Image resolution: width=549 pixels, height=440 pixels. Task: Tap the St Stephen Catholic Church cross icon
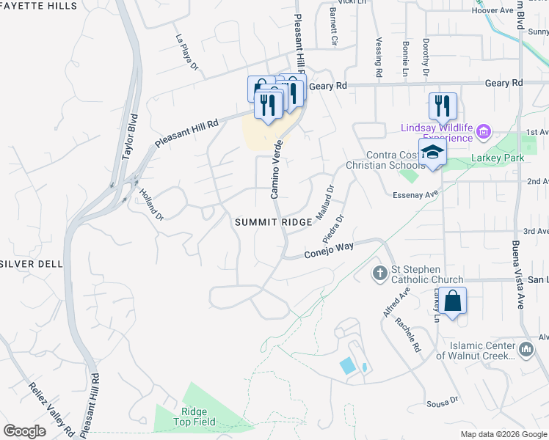click(379, 274)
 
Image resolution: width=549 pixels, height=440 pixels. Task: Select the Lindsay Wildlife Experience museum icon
click(483, 132)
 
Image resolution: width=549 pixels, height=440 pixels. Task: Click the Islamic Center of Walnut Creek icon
click(526, 351)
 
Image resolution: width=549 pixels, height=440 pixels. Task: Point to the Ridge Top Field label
click(190, 417)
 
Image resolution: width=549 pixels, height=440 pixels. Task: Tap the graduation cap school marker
click(433, 153)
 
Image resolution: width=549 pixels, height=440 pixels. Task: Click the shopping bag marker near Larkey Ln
click(454, 301)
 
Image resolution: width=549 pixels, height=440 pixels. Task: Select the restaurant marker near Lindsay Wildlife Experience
click(443, 106)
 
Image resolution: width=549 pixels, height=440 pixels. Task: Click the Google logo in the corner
click(24, 430)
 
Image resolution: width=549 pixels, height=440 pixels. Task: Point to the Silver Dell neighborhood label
click(31, 263)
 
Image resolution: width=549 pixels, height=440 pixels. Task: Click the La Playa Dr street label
click(186, 53)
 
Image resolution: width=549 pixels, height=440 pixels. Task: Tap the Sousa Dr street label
click(443, 401)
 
